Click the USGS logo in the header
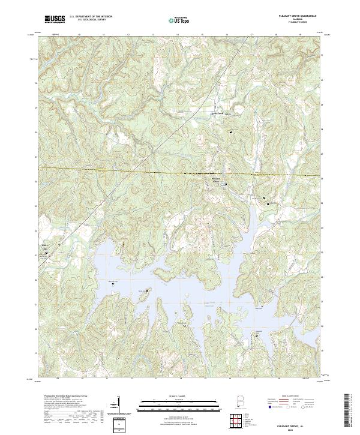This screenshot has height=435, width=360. point(55,19)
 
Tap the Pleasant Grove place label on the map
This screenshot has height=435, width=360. point(216,179)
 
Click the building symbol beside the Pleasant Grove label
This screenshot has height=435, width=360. point(226,183)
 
